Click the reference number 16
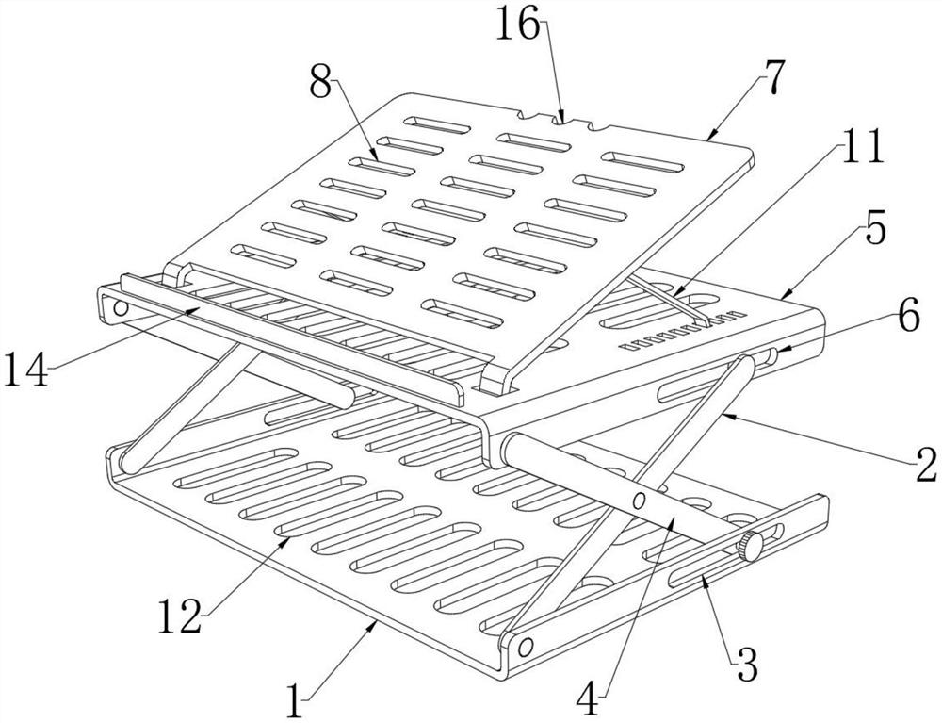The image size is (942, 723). click(x=518, y=26)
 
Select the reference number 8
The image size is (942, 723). click(x=320, y=81)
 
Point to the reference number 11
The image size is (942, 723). click(x=863, y=146)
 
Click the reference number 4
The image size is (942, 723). click(x=589, y=698)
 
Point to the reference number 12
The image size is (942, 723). click(x=180, y=616)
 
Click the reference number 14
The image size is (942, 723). click(x=25, y=369)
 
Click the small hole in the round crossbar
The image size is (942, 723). click(x=640, y=499)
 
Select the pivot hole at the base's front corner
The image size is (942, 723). click(x=526, y=648)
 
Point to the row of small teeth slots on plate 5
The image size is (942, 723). click(x=682, y=330)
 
